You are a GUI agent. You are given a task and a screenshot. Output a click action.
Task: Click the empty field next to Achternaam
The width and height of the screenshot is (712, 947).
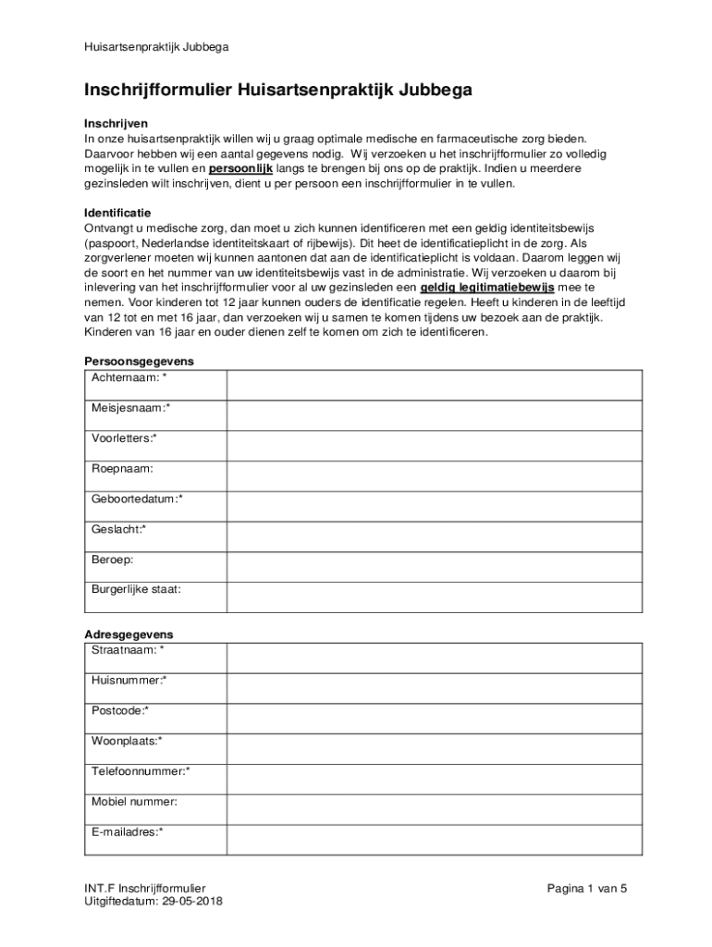coord(435,385)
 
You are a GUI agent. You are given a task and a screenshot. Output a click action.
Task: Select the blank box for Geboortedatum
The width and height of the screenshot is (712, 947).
coord(435,506)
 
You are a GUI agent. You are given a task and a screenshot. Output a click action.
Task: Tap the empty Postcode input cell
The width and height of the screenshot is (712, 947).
coord(435,719)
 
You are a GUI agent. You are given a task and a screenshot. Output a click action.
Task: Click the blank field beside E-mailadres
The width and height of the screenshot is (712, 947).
coord(435,840)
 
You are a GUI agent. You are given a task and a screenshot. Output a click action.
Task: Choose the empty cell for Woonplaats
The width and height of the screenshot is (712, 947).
coord(435,749)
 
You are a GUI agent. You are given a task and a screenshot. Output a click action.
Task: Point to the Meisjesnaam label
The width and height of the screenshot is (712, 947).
coord(130,408)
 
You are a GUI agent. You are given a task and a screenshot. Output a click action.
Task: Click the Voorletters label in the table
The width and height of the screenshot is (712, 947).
coord(124,438)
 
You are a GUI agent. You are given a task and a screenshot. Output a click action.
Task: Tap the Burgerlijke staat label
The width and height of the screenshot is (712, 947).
coord(136,589)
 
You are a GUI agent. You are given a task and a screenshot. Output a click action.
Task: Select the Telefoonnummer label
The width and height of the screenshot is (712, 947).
coord(141,771)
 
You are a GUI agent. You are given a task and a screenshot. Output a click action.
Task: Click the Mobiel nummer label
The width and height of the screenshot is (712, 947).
coord(134,802)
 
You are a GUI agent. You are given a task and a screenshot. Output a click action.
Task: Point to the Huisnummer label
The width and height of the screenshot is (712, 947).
coord(129,681)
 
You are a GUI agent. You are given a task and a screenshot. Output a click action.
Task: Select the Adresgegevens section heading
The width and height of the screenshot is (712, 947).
coord(129,635)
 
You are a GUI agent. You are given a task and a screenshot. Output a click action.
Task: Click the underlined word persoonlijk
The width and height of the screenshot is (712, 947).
coord(240,169)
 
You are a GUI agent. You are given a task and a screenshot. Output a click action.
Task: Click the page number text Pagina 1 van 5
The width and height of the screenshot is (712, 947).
coord(586,889)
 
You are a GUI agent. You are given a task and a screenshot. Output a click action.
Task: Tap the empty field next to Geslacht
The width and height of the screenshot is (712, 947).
coord(435,536)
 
